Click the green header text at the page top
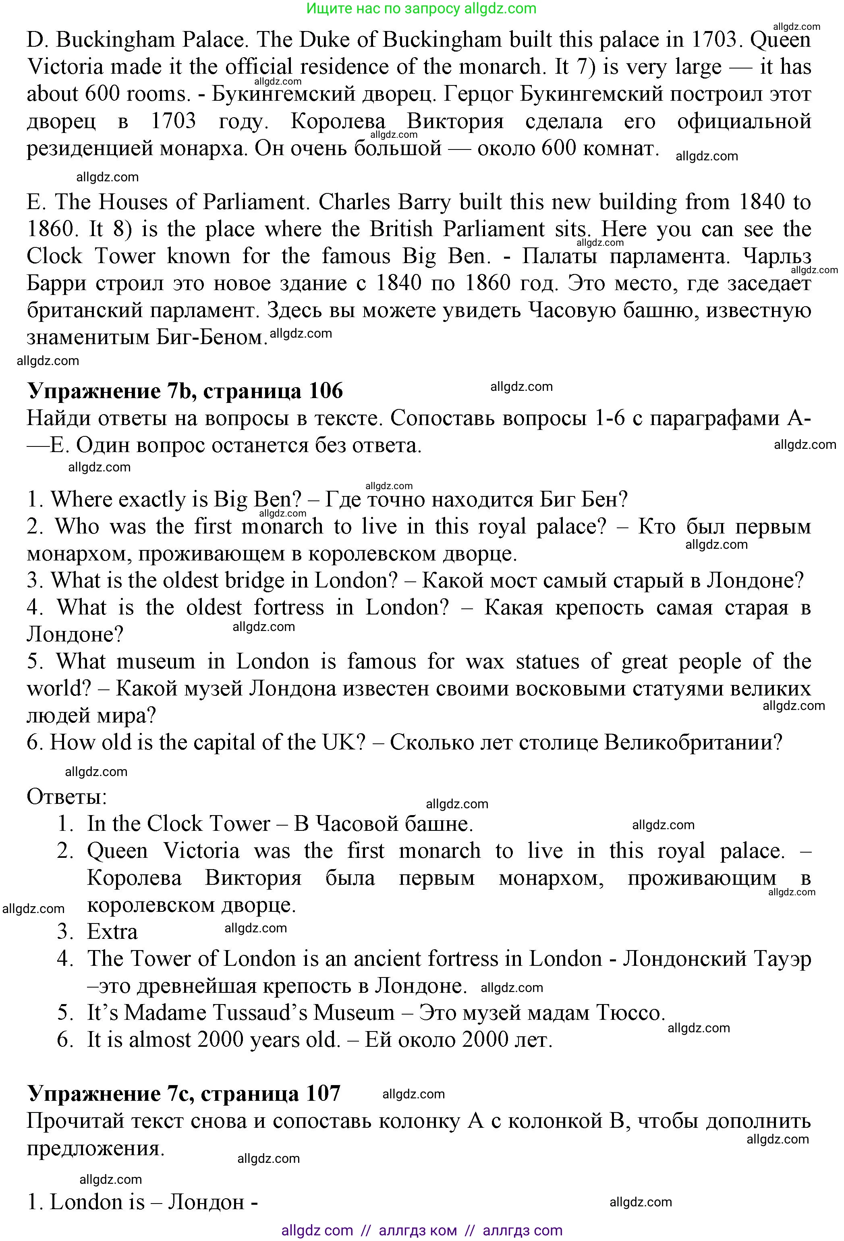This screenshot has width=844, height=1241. tap(422, 8)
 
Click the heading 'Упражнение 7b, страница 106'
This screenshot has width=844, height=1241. tap(185, 391)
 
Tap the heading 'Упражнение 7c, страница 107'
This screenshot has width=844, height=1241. tap(184, 1093)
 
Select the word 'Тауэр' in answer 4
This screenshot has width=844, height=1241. tap(782, 959)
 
